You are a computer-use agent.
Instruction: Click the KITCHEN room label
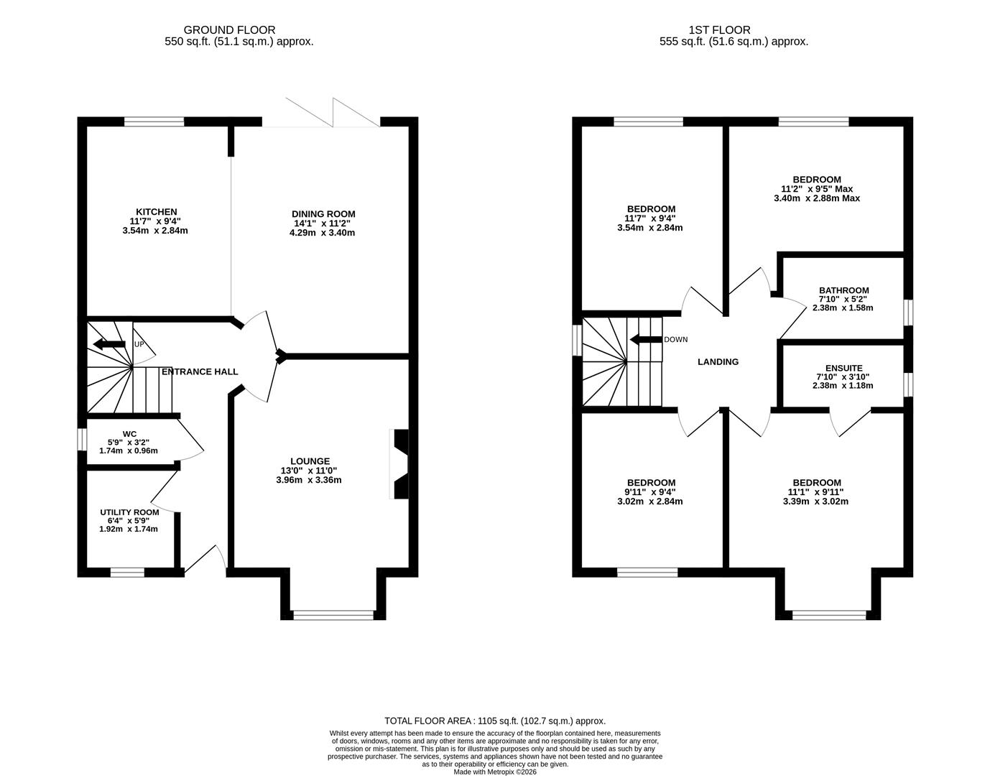[157, 212]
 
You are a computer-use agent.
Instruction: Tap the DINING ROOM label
[323, 214]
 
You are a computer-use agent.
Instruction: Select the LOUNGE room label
[310, 461]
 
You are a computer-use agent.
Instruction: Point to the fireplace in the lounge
[399, 464]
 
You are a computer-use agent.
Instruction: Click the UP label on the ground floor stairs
[139, 345]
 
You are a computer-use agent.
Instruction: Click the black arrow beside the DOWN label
[645, 340]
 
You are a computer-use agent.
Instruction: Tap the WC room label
[129, 434]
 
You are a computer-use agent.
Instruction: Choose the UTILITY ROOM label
[129, 512]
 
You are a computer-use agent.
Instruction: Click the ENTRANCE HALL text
[200, 371]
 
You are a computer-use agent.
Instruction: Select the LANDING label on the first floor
[718, 362]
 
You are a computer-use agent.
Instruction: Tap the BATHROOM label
[843, 290]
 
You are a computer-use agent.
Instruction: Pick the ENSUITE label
[843, 368]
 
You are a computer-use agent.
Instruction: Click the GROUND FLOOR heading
[229, 30]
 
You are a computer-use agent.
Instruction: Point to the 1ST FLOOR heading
[719, 30]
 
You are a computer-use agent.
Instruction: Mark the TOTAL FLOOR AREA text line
[495, 721]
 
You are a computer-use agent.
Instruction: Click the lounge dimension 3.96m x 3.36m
[309, 480]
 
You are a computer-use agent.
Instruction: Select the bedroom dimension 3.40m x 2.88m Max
[816, 198]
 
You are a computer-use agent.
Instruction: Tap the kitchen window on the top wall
[154, 121]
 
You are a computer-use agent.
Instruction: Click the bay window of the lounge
[333, 614]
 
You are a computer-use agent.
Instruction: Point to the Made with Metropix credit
[495, 772]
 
